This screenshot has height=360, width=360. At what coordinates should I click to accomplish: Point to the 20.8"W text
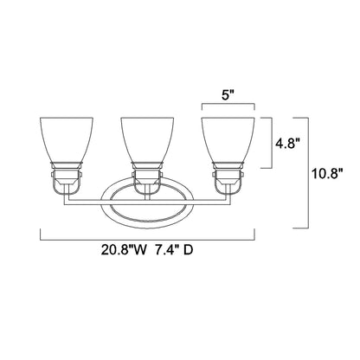(118, 255)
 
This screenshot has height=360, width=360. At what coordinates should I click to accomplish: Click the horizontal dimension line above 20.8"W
(148, 239)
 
